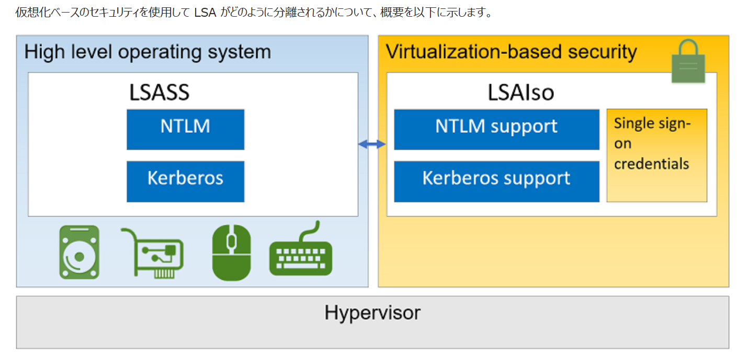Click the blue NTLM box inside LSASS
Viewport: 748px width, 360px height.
185,129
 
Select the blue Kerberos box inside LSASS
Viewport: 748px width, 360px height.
185,181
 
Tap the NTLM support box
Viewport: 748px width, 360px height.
496,129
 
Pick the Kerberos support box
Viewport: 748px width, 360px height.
496,181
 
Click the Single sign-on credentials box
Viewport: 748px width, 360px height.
656,155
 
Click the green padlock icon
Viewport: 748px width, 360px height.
688,62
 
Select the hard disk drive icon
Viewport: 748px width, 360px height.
79,252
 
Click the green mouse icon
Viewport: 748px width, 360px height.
231,251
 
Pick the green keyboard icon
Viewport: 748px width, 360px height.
301,251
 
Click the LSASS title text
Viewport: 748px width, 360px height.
159,93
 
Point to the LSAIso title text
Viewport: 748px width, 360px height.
520,93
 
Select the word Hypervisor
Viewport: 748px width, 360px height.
372,313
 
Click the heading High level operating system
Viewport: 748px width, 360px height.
148,52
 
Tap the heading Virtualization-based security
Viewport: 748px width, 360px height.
511,52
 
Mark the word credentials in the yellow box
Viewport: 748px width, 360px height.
651,164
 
